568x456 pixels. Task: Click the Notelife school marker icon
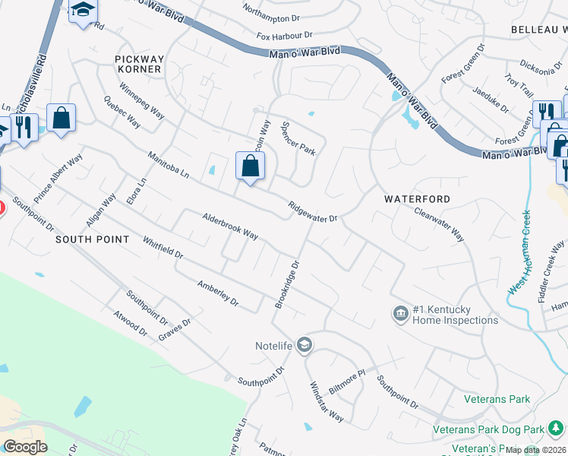click(305, 346)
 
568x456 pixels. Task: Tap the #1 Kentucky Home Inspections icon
click(400, 313)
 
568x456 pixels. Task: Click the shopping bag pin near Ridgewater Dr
click(250, 166)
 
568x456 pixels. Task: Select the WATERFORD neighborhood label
click(417, 199)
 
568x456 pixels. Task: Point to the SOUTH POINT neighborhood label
click(93, 239)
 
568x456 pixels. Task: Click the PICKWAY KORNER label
click(138, 64)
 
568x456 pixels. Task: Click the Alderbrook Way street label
click(230, 226)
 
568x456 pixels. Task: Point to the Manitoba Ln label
click(169, 164)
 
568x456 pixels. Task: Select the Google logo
click(25, 447)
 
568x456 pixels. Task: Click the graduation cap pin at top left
click(84, 11)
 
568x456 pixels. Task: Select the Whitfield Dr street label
click(163, 248)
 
